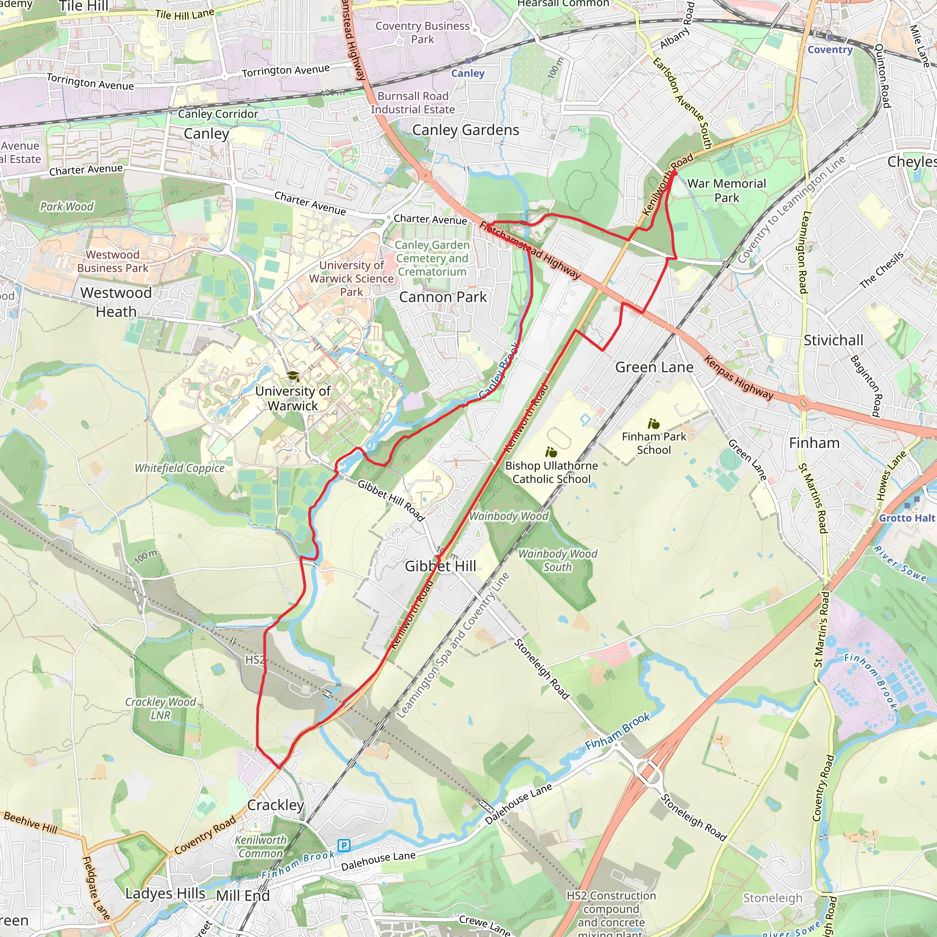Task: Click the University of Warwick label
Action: click(x=293, y=398)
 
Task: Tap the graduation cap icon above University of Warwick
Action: click(x=293, y=376)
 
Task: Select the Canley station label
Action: click(x=468, y=73)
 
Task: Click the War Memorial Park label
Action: click(x=727, y=191)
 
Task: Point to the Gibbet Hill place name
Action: click(x=441, y=566)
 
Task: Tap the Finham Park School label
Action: click(x=654, y=443)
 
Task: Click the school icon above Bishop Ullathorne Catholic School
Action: click(x=551, y=452)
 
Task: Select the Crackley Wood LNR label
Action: click(x=161, y=709)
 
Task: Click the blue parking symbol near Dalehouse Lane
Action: click(x=344, y=846)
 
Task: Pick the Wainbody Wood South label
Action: click(x=558, y=560)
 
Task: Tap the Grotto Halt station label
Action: click(x=906, y=518)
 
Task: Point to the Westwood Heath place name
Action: click(x=116, y=302)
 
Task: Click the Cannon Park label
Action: click(x=443, y=297)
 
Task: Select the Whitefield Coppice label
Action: click(x=179, y=468)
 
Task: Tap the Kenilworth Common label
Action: click(x=261, y=847)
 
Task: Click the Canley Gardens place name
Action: click(x=466, y=130)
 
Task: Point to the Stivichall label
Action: click(x=833, y=340)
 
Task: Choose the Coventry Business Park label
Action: click(x=422, y=32)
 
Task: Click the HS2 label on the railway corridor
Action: click(x=255, y=660)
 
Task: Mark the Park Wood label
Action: click(x=67, y=207)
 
